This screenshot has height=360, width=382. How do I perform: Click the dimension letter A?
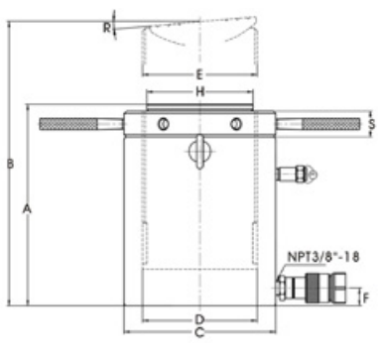27,209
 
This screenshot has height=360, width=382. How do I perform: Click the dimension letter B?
11,164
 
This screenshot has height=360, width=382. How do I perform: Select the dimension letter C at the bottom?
199,332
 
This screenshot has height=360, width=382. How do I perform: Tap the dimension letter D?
199,319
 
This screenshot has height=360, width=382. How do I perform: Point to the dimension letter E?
199,74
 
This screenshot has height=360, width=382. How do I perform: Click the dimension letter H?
200,92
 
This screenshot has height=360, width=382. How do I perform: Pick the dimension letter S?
372,124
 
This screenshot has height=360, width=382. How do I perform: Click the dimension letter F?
366,299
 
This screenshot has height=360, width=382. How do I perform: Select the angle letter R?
106,28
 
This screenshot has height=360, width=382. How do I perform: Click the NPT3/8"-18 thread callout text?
323,257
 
